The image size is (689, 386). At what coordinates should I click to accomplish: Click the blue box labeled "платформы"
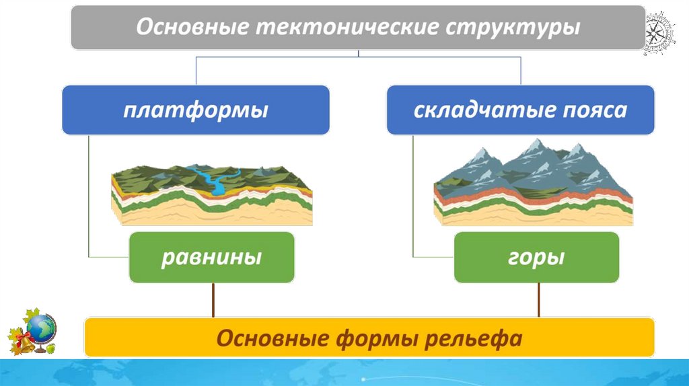tap(196, 110)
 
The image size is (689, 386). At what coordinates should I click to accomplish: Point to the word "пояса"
tap(593, 110)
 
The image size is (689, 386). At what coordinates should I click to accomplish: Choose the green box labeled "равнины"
tap(211, 257)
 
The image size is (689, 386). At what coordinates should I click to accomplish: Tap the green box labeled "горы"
tap(536, 257)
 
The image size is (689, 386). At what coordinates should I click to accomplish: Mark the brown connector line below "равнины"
tap(213, 300)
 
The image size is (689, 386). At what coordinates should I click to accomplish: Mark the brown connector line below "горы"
tap(538, 300)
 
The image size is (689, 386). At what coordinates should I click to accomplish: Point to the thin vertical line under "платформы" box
tap(89, 195)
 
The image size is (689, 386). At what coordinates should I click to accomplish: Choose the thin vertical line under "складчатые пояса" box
tap(413, 195)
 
